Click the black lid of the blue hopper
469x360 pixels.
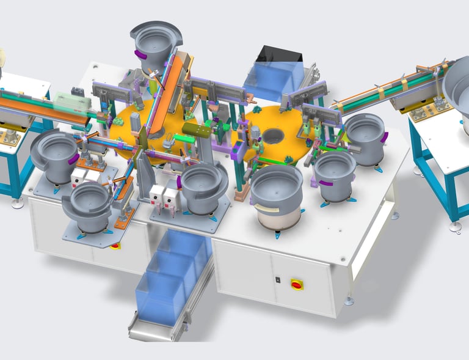click(280, 54)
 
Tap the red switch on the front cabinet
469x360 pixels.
click(297, 284)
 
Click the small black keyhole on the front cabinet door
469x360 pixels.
click(278, 280)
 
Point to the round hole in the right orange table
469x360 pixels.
click(271, 135)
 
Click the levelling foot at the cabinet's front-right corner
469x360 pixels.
click(349, 300)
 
